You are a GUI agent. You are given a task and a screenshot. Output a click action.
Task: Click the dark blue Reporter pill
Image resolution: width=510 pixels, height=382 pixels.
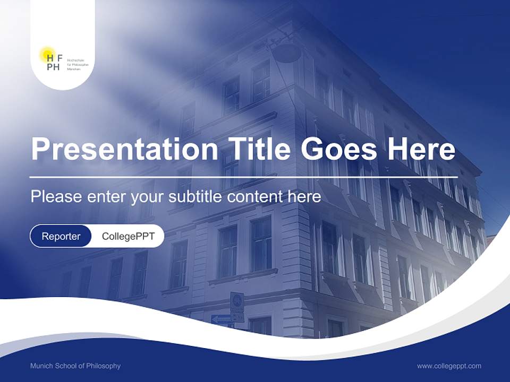(61, 236)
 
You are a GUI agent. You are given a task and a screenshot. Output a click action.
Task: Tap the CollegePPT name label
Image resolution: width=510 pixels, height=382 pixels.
(128, 236)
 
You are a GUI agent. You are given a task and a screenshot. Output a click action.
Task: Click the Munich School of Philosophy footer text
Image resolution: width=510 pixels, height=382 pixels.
(75, 366)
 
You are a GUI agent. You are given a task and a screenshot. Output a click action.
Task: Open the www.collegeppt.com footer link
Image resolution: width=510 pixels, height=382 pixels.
(449, 366)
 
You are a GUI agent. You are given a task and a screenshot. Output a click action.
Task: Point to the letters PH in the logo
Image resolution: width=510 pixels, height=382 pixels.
(53, 67)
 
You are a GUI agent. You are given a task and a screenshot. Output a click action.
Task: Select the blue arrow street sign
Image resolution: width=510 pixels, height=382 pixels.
(221, 319)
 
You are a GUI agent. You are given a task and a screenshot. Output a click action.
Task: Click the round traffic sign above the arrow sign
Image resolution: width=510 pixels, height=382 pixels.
(237, 300)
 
